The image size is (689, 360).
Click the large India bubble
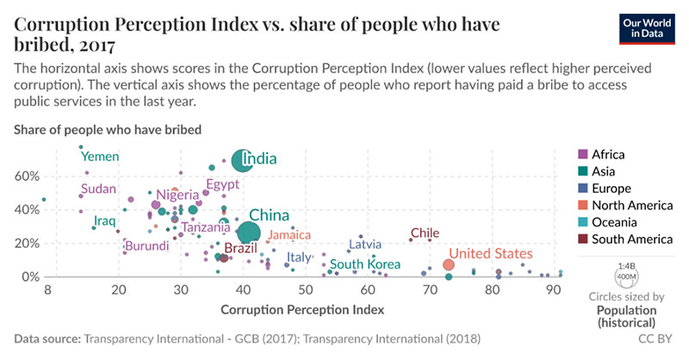[x=243, y=160]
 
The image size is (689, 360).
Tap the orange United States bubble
[x=449, y=265]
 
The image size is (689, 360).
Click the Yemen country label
[x=100, y=156]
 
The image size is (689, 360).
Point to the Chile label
[x=425, y=233]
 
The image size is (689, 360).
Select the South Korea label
[x=366, y=264]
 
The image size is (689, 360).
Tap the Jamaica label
[x=289, y=234]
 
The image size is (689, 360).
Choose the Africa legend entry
[x=608, y=155]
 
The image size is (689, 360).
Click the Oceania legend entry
[x=613, y=221]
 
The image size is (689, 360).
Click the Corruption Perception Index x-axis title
[x=302, y=308]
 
